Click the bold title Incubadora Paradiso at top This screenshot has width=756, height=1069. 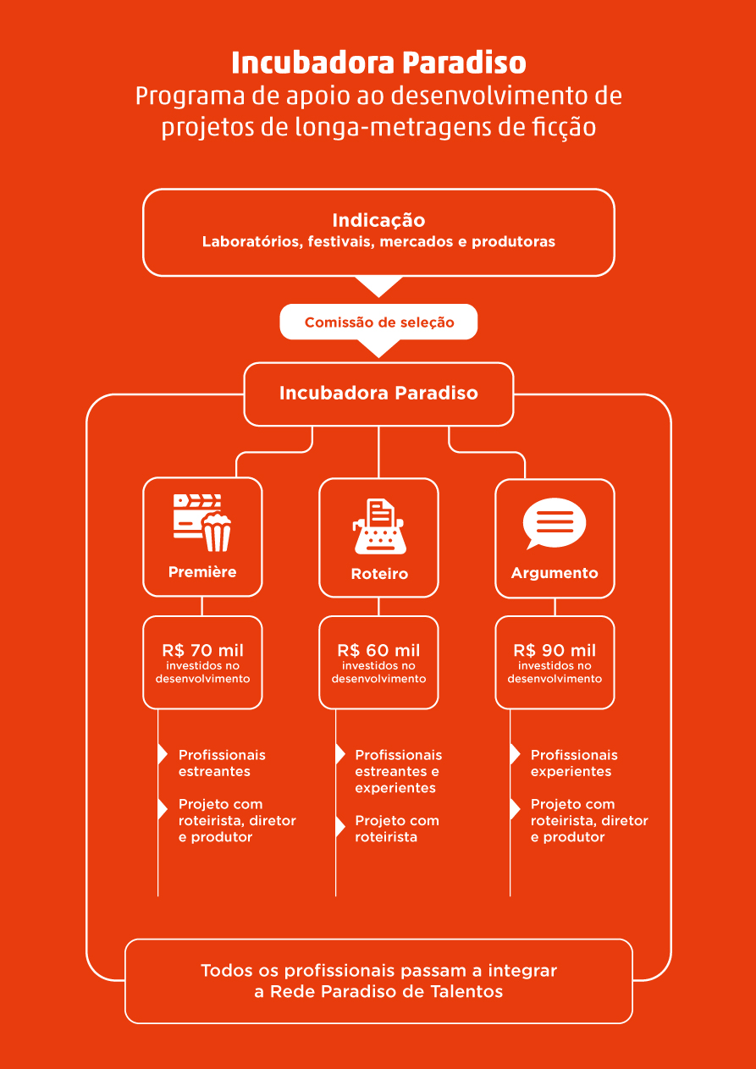[x=378, y=63]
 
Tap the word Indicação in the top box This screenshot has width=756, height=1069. [x=378, y=220]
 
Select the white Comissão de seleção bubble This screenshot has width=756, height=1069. [x=378, y=322]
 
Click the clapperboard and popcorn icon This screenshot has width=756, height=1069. [x=202, y=522]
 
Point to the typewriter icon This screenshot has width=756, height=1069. [x=379, y=526]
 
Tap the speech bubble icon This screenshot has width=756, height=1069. [x=555, y=523]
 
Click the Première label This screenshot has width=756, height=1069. [x=202, y=571]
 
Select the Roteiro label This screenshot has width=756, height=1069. [x=379, y=574]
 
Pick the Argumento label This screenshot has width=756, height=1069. [x=555, y=573]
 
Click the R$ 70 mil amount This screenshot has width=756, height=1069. [x=202, y=650]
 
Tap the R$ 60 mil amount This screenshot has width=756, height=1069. [x=378, y=650]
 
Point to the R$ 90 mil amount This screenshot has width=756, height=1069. [x=555, y=650]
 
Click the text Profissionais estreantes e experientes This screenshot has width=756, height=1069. [x=398, y=771]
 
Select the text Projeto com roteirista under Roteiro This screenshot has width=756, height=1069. [x=396, y=829]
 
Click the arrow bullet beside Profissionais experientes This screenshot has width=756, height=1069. [x=515, y=754]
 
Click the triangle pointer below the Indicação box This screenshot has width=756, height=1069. [x=379, y=286]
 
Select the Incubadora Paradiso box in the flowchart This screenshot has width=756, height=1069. [x=378, y=394]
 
